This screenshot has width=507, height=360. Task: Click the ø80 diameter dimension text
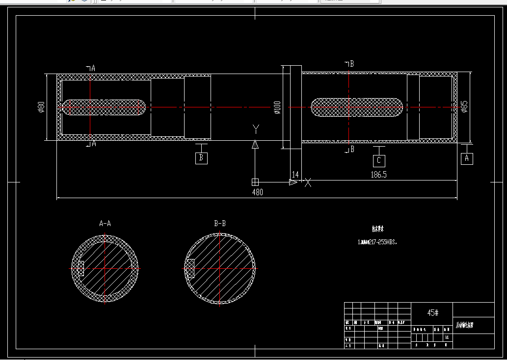[x=41, y=106]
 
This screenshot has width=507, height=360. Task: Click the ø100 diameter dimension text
[x=277, y=107]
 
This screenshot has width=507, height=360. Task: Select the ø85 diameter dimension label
[x=464, y=107]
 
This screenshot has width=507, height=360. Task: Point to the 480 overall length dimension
[x=257, y=192]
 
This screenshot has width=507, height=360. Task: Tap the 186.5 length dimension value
[x=378, y=174]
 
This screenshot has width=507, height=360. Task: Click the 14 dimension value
[x=295, y=174]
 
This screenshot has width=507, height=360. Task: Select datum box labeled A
[x=467, y=158]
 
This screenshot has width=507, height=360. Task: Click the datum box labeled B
[x=201, y=158]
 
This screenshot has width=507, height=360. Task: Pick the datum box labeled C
[x=379, y=160]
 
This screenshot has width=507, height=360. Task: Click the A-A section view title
[x=105, y=224]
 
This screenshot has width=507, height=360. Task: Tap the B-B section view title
[x=220, y=224]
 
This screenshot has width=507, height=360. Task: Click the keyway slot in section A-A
[x=81, y=268]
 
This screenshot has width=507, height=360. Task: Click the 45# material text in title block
[x=432, y=313]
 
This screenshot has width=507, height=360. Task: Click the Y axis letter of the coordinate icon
[x=255, y=129]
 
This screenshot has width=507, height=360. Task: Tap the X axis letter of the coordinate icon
[x=308, y=183]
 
